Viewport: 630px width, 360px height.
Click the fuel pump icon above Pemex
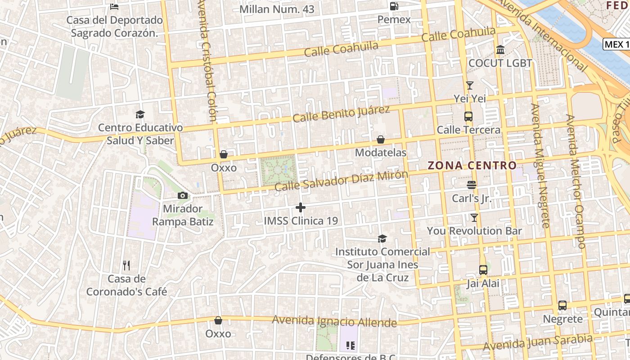394,6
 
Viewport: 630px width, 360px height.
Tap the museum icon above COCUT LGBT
500,49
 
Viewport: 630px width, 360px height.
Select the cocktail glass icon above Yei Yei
470,85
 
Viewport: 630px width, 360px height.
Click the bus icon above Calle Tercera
468,117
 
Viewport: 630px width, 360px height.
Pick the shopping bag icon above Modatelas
381,140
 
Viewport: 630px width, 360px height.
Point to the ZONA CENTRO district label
472,166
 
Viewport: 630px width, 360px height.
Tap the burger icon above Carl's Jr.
472,185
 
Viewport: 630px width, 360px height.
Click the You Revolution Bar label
474,231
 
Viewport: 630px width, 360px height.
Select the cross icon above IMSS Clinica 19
301,207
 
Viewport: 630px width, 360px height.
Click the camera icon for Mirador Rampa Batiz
183,195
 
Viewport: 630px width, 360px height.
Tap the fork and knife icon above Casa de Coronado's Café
126,265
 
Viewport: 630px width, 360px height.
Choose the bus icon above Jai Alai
483,270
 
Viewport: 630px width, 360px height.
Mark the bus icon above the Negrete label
562,306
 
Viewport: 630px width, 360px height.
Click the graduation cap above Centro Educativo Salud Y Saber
140,114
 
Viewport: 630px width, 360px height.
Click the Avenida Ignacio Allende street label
334,321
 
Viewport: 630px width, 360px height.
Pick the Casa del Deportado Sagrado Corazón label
114,27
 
